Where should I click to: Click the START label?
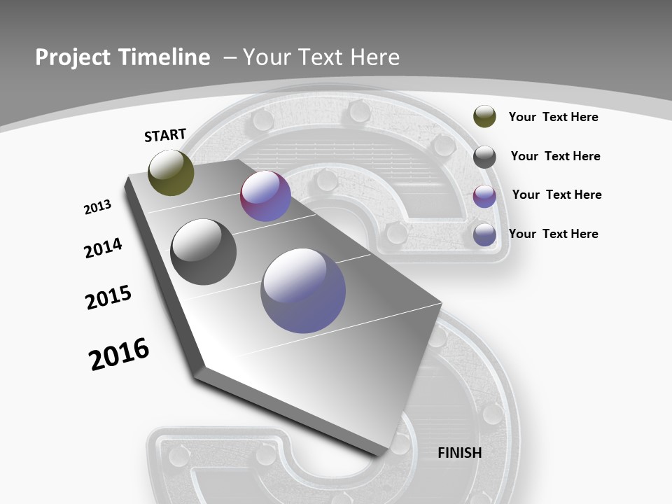165,135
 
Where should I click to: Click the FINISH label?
460,453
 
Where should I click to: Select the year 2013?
97,207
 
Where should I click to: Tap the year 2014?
103,248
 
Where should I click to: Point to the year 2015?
108,297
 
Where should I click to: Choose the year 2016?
119,353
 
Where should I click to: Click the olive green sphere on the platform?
171,172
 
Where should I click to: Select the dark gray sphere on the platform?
204,252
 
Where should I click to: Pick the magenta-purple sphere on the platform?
265,197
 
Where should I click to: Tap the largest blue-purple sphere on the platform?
303,290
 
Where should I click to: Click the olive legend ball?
484,116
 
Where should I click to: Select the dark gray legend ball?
484,157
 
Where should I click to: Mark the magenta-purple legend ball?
484,196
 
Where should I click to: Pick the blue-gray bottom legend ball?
484,234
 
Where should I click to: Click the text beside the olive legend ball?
553,117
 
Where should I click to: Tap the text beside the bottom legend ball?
553,234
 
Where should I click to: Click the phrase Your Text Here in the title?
321,57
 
